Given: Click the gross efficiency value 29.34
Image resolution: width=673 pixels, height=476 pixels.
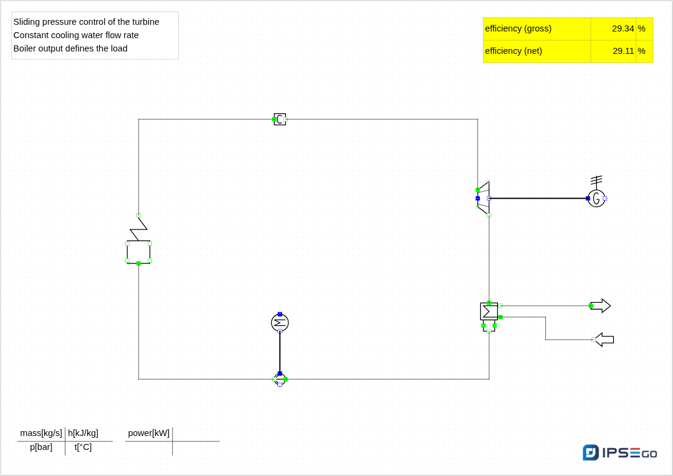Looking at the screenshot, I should click(623, 28).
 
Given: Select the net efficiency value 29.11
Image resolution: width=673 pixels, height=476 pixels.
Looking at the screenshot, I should click(623, 51).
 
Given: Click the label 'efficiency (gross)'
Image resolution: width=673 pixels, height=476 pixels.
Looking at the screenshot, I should click(518, 28).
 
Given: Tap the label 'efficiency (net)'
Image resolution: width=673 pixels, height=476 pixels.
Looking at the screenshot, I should click(514, 51).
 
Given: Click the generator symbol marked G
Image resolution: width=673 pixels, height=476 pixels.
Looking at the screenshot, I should click(596, 198).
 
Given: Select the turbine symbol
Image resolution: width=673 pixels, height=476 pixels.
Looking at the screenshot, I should click(483, 198).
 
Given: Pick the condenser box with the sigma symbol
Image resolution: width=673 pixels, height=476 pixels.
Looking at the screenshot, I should click(489, 312).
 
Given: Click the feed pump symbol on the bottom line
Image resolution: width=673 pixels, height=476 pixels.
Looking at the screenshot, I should click(280, 379).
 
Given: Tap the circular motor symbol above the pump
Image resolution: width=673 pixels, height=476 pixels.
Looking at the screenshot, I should click(280, 323).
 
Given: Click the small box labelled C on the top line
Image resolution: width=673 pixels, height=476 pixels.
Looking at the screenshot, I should click(280, 119).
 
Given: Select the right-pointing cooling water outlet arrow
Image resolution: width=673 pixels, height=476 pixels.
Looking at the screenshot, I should click(600, 306).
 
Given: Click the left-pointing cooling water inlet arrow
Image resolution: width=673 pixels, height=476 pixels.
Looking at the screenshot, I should click(605, 340).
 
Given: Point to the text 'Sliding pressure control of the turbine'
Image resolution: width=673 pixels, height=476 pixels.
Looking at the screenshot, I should click(86, 22).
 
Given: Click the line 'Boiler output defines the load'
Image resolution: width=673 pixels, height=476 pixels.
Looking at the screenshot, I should click(70, 48).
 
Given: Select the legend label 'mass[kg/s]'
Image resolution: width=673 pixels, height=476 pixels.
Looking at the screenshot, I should click(41, 433).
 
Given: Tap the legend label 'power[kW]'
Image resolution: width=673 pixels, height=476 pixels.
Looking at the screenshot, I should click(149, 433).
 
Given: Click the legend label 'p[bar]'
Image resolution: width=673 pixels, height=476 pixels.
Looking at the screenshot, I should click(41, 447).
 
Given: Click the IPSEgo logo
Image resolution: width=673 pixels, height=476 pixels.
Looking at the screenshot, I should click(620, 452).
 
